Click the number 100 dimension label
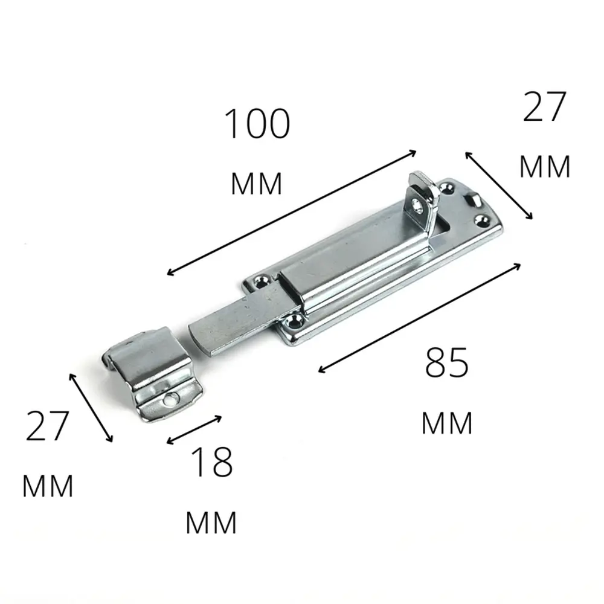pos(257,124)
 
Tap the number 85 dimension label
pos(447,362)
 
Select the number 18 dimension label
pos(212,462)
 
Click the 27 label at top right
pos(544,106)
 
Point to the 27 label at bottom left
pos(47,426)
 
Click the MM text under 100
pos(257,184)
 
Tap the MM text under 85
pos(447,423)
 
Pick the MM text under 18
pos(211,522)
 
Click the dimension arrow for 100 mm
pos(292,213)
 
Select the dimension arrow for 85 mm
pos(419,318)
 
